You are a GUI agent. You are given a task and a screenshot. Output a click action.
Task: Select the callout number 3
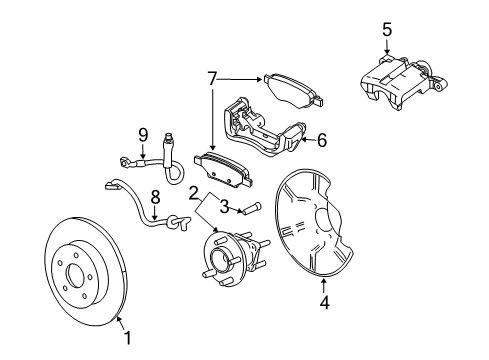(226, 206)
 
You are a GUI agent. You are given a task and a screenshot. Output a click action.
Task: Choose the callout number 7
(211, 76)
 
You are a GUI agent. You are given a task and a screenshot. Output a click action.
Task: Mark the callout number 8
(155, 198)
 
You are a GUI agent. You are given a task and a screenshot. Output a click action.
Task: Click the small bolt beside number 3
(250, 208)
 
